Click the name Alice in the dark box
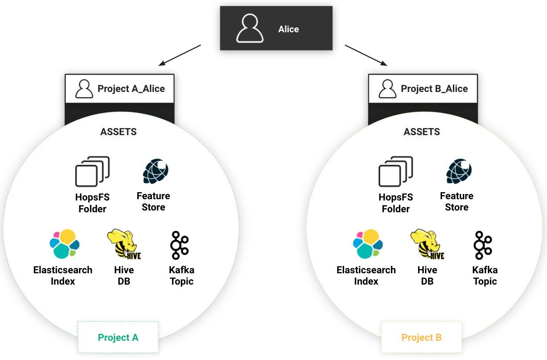[x=288, y=29]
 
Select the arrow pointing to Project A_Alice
[x=179, y=55]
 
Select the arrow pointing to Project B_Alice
[x=366, y=55]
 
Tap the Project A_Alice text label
[x=131, y=89]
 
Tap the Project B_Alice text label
[x=434, y=89]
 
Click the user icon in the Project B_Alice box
[x=387, y=89]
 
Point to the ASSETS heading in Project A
[x=118, y=132]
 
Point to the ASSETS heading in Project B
[x=422, y=132]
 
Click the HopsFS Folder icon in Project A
[x=92, y=171]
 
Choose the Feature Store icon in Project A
[x=155, y=171]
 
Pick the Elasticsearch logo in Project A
[x=65, y=244]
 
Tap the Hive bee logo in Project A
[x=124, y=244]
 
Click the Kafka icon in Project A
[x=179, y=245]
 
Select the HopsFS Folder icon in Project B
[x=395, y=171]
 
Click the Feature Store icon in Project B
[x=459, y=171]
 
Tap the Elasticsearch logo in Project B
[x=368, y=244]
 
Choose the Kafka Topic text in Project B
[x=485, y=276]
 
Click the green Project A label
[x=118, y=337]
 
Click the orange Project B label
[x=422, y=337]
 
